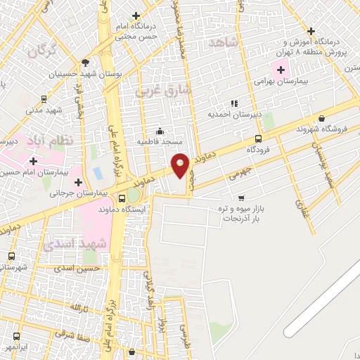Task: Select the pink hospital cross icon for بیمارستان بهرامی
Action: (282, 70)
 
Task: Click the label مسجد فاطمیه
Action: (160, 142)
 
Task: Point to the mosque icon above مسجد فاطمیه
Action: (160, 131)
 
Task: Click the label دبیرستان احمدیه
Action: (234, 114)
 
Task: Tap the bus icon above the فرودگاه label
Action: (259, 139)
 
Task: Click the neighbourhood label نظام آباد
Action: (51, 141)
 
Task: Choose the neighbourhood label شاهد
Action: (224, 44)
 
